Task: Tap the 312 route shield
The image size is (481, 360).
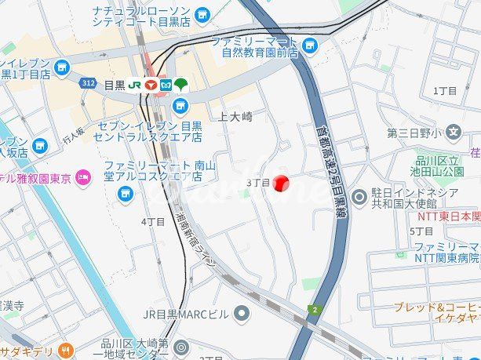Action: [x=86, y=81]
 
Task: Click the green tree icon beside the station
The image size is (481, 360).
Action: [x=181, y=83]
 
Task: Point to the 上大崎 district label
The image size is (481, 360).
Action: [x=235, y=116]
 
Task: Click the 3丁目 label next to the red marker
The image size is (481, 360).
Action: [x=258, y=183]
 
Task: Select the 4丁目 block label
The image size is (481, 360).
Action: [x=153, y=222]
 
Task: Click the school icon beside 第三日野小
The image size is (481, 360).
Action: [x=454, y=133]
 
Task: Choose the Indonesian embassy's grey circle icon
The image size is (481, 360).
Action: [x=360, y=195]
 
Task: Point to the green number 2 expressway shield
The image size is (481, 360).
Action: [x=315, y=310]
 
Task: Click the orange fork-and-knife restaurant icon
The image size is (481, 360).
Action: [x=67, y=351]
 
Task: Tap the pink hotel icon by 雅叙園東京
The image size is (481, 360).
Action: [x=86, y=178]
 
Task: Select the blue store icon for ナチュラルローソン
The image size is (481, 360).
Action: [x=203, y=14]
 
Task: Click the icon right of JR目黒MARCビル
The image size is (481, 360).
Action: [x=242, y=314]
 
